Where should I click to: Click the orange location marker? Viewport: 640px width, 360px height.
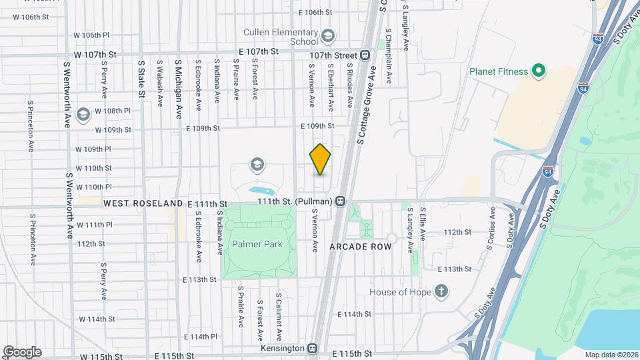320,159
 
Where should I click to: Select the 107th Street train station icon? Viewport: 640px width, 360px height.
365,55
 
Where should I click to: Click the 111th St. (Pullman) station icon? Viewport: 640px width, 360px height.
341,201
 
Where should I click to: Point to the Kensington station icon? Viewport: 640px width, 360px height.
312,348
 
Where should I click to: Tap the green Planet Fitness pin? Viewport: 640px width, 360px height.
539,71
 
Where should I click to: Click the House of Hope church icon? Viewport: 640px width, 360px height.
439,291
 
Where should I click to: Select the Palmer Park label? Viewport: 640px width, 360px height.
257,244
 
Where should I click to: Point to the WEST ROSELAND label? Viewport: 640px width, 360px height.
143,203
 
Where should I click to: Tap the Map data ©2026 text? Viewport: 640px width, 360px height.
609,354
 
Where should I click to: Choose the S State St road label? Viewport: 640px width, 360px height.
141,79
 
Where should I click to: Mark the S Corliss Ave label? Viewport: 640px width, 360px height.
492,228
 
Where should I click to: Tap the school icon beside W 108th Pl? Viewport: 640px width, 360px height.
83,114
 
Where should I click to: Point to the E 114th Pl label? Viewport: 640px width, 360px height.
205,337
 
